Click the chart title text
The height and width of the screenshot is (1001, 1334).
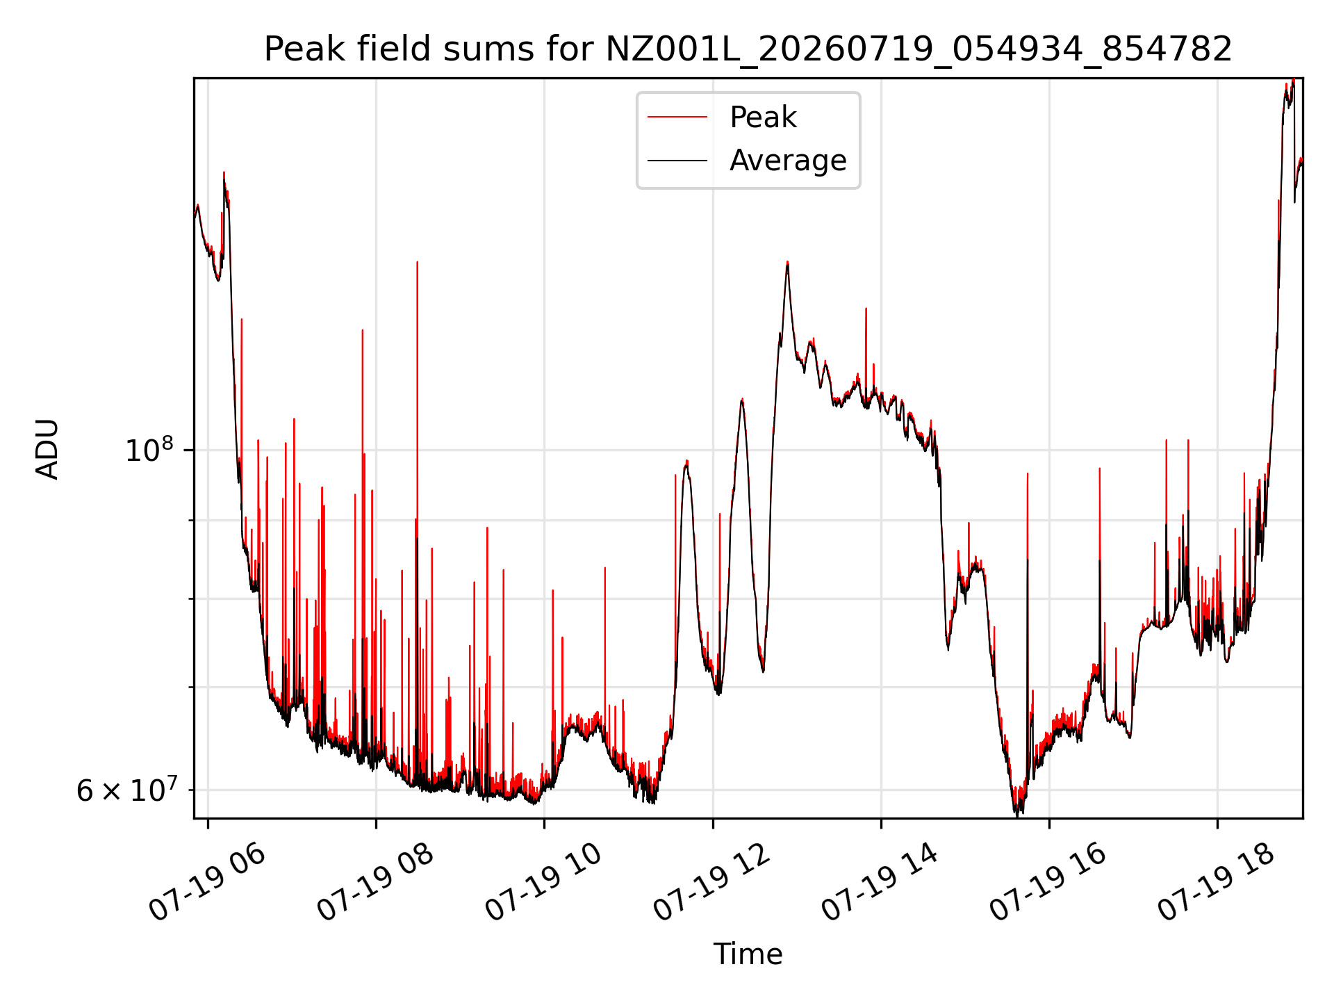pos(748,49)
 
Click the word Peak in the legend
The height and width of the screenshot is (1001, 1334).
pos(763,117)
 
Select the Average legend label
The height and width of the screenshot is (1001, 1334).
pos(788,161)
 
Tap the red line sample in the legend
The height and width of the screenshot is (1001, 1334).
pos(677,117)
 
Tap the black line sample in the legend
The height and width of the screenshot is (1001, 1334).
pos(677,161)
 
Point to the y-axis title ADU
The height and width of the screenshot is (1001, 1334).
pos(47,449)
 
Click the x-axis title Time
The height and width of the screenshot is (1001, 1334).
pos(748,954)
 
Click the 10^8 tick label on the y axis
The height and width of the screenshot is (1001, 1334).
pos(149,450)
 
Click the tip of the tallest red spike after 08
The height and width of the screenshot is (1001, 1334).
pos(417,262)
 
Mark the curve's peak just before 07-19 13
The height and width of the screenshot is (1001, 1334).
pos(787,262)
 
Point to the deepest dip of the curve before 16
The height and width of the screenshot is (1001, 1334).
pos(1016,813)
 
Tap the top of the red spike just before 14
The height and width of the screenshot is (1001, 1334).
pos(866,308)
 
